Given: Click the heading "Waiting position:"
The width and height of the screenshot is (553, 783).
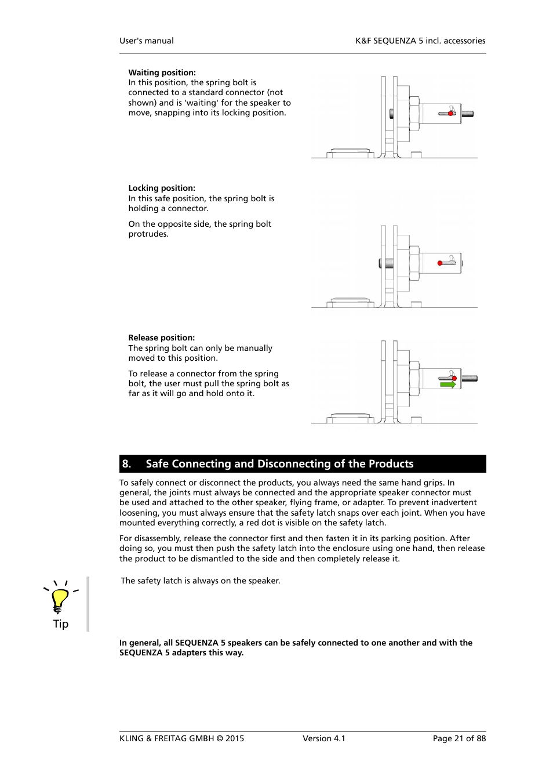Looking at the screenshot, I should (x=162, y=72).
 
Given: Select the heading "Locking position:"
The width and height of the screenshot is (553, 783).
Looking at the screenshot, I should (x=162, y=188).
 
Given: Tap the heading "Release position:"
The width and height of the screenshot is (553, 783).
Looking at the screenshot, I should (x=162, y=338).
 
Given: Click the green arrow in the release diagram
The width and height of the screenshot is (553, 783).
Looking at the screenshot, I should (x=448, y=385).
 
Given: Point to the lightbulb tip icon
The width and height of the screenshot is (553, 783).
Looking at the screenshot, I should (x=60, y=599).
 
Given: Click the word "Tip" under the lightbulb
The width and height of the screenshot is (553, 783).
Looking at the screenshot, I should (x=61, y=624).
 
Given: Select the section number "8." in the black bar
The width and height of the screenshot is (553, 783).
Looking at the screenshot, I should (x=126, y=464).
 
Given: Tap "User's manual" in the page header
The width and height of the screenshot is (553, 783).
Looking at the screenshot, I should (x=147, y=41).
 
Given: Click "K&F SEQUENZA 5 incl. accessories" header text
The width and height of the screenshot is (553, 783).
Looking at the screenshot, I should (x=420, y=41).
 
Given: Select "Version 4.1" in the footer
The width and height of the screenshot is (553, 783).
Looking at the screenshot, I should (x=323, y=738).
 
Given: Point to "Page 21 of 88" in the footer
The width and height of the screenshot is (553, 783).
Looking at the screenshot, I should (x=459, y=738).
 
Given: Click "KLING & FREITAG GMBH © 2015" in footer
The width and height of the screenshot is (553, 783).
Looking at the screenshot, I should (x=181, y=738).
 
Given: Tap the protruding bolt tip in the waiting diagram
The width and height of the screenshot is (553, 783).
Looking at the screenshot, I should (x=468, y=114).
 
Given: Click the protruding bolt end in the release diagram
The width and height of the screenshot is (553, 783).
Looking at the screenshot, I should (x=470, y=379).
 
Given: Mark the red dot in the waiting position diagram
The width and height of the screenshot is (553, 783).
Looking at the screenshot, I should (x=451, y=113).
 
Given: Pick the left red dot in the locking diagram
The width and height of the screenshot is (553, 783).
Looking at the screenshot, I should (x=440, y=263).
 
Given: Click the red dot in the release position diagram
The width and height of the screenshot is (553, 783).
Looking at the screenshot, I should (x=454, y=378).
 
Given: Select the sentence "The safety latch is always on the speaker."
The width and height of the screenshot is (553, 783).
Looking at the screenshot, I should (x=201, y=581).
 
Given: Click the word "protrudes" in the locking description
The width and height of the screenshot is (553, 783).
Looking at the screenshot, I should (x=148, y=234).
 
